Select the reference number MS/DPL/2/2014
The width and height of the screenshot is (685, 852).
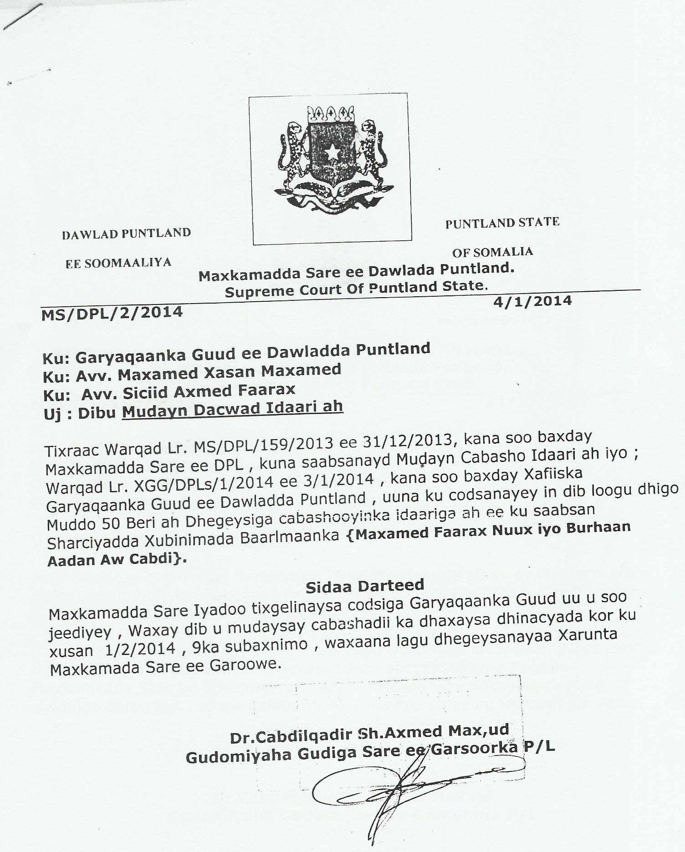pos(112,313)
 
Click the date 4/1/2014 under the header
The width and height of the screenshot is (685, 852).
pos(532,301)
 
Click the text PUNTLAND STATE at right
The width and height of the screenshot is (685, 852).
pos(502,223)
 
